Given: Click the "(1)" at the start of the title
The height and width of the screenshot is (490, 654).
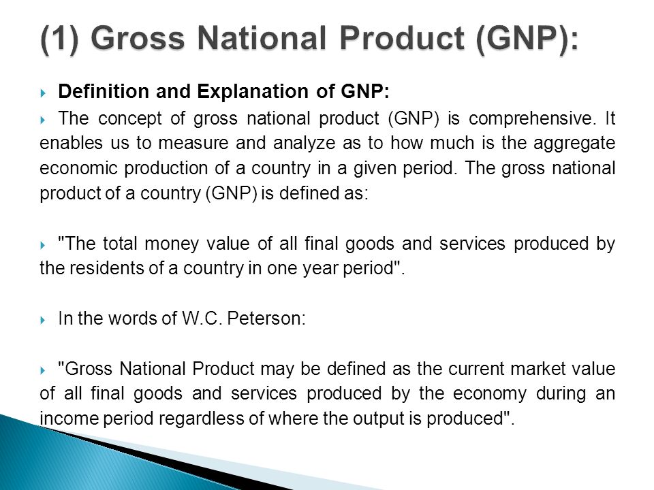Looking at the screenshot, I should point(59,35).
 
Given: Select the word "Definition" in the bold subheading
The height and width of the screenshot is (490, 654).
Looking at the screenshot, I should point(93,93).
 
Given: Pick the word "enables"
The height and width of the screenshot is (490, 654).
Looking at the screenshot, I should point(65,144).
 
